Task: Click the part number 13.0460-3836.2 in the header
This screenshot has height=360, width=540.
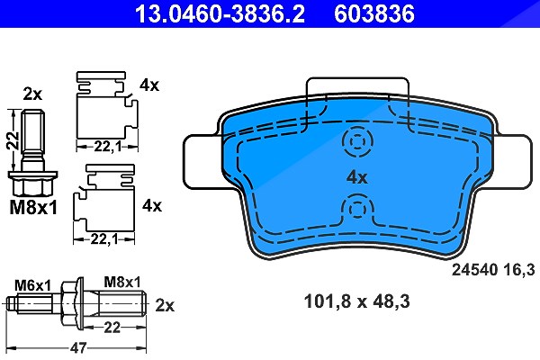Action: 220,13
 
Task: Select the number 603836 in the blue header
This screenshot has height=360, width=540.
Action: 374,13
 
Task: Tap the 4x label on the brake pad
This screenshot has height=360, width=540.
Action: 357,178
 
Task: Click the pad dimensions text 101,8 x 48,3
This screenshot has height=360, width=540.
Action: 356,302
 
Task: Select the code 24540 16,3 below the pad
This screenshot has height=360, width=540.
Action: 493,270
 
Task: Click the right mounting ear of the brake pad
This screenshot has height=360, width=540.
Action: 513,162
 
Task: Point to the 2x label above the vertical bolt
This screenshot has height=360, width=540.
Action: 32,94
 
